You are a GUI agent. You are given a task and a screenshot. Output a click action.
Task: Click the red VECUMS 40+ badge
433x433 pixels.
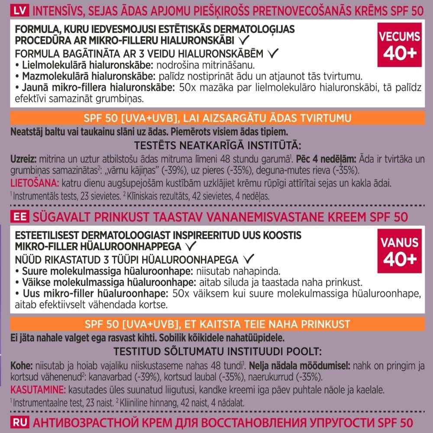click(399, 45)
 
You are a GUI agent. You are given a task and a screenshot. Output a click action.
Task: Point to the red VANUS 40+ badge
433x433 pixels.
click(399, 251)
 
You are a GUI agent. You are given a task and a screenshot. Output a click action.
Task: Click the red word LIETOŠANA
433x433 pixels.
click(29, 183)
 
